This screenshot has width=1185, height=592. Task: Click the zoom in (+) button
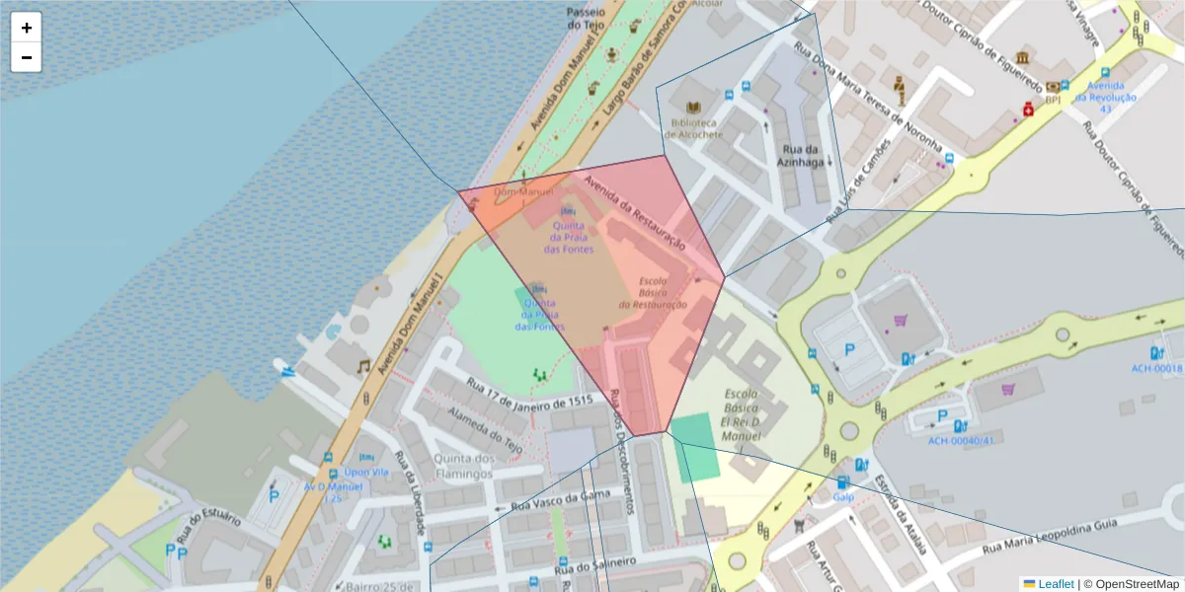(x=27, y=28)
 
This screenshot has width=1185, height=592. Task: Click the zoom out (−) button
(x=27, y=57)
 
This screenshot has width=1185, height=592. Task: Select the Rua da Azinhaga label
(x=800, y=157)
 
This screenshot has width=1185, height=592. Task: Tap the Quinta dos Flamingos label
(x=456, y=466)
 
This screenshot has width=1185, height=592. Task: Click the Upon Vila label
(x=367, y=472)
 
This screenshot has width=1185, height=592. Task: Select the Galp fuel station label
(x=842, y=497)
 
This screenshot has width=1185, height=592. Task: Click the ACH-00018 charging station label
(x=1156, y=368)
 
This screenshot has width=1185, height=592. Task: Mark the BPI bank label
(x=1053, y=100)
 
